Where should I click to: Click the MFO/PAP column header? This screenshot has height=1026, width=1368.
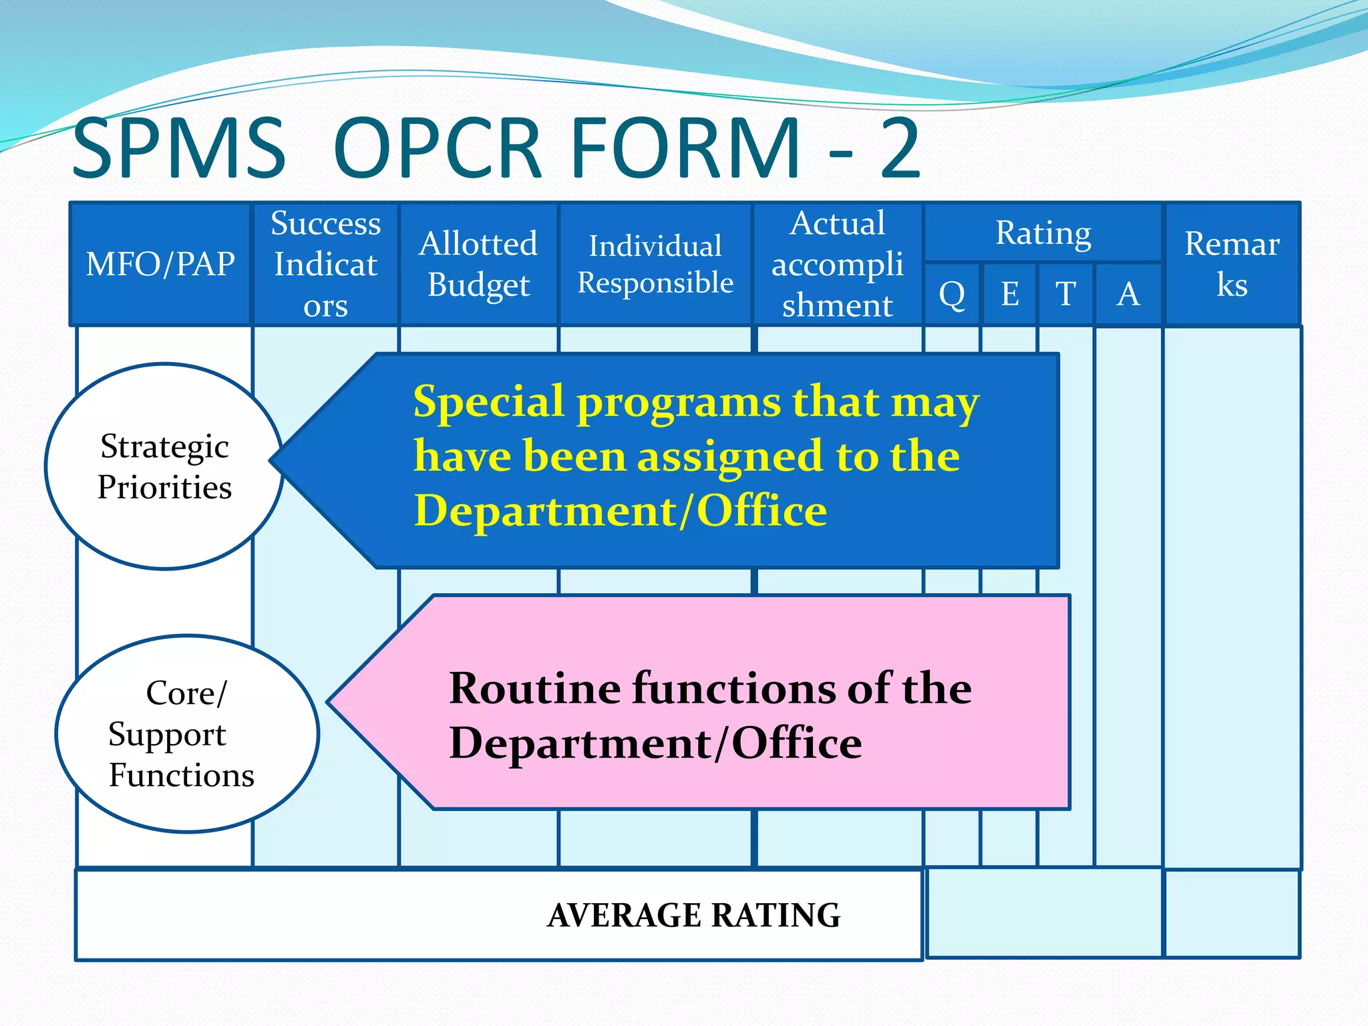tap(160, 264)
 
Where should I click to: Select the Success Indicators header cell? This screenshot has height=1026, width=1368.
tap(325, 264)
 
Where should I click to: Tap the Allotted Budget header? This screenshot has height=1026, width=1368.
tap(478, 264)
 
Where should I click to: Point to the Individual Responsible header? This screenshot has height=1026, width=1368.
tap(655, 264)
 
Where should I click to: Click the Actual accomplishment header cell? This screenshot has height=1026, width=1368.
tap(837, 264)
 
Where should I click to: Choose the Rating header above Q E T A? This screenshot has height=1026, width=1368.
tap(1043, 233)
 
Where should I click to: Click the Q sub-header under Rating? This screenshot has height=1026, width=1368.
tap(952, 294)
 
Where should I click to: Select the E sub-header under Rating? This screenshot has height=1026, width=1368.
tap(1009, 294)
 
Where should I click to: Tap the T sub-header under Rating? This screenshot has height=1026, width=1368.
tap(1065, 294)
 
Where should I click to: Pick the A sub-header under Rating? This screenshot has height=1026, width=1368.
tap(1128, 294)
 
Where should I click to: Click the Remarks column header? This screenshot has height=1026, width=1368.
tap(1232, 264)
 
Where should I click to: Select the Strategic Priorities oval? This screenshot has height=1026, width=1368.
tap(164, 466)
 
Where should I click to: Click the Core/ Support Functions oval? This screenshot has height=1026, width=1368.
tap(187, 733)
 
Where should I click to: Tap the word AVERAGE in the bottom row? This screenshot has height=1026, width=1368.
tap(624, 915)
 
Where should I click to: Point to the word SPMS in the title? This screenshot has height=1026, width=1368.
tap(179, 148)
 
